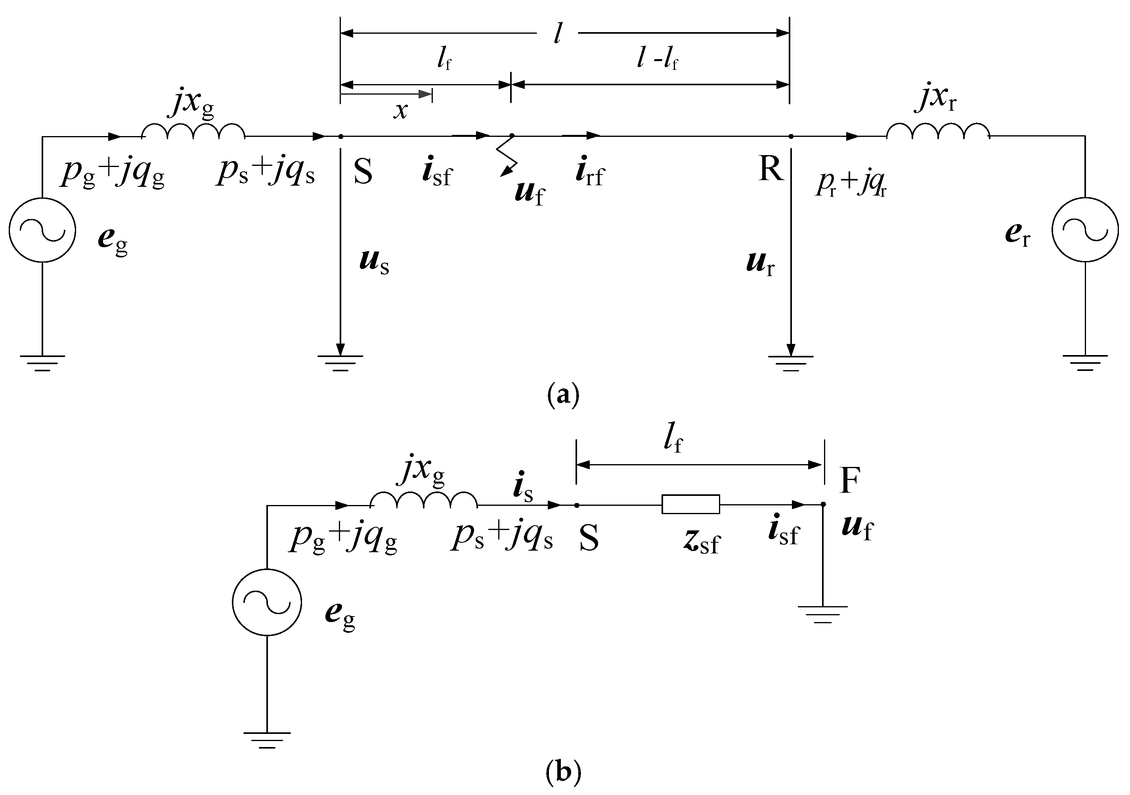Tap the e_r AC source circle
tap(1085, 230)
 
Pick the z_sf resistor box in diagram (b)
tap(690, 504)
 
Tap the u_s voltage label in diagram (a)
tap(374, 262)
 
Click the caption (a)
tap(564, 395)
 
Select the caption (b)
tap(564, 772)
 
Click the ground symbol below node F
tap(823, 614)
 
